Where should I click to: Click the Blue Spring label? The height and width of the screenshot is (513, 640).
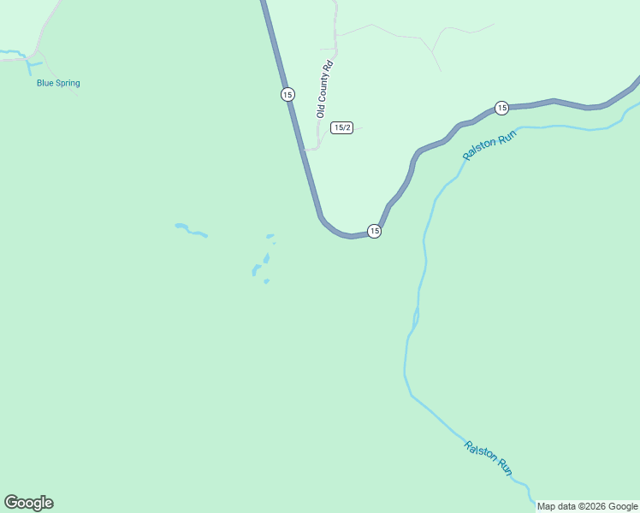[x=58, y=83]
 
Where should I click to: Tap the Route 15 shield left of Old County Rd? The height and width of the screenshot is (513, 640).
[x=287, y=94]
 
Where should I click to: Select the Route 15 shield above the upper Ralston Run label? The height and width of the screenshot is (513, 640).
[x=501, y=108]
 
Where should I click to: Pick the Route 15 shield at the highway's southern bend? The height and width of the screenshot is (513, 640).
[x=374, y=231]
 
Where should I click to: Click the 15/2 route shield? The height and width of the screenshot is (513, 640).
[x=342, y=127]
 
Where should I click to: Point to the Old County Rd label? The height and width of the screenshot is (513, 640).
[x=323, y=89]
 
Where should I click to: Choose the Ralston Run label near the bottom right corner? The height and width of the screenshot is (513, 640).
[x=489, y=457]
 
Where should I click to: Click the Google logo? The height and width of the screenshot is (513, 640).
[x=28, y=503]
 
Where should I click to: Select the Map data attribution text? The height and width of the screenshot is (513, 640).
[x=587, y=506]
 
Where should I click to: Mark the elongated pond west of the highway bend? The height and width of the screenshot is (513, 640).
[x=191, y=230]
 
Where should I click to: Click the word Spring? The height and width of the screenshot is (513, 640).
[x=68, y=83]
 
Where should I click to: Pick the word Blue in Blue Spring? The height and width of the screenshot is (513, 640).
[x=45, y=83]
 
